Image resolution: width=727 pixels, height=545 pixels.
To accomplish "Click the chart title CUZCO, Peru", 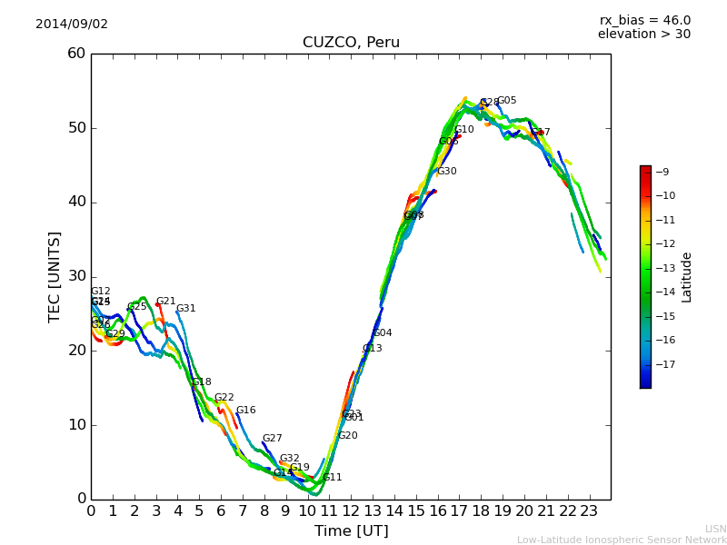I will tap(351, 43).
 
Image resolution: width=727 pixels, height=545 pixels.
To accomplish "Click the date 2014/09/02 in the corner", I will tap(72, 25).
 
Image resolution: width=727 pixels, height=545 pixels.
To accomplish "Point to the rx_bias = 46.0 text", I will tap(644, 21).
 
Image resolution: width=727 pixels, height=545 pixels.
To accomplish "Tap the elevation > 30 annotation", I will tap(643, 35).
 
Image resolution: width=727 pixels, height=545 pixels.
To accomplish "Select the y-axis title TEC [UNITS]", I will tap(55, 276).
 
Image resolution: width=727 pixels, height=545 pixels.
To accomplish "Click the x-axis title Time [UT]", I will tap(351, 531).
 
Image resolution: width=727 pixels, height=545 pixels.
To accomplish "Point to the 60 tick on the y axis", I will tap(76, 54).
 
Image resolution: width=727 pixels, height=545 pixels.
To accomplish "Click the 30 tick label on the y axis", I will tap(76, 276).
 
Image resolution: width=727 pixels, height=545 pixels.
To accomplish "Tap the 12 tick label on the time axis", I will tap(351, 511).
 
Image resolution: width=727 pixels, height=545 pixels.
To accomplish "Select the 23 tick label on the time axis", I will tap(589, 511).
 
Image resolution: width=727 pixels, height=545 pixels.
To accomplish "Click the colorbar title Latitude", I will tap(687, 277).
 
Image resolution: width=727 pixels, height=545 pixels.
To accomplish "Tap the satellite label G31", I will tap(186, 309).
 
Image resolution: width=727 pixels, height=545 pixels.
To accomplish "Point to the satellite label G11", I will tap(333, 478).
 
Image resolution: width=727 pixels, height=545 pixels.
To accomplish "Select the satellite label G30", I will tap(447, 172).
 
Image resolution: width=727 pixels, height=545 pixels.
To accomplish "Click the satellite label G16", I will tap(246, 411).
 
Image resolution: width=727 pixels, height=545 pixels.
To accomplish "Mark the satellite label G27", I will tap(273, 439).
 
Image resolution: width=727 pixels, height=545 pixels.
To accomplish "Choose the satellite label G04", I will tap(383, 333).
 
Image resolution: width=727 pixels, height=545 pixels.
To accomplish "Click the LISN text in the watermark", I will tap(716, 529).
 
